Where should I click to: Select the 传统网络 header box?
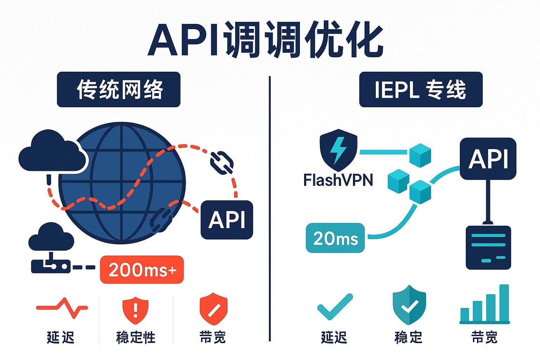[x=118, y=89]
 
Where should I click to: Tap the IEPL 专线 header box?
[x=420, y=89]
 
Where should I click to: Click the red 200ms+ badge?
[x=142, y=270]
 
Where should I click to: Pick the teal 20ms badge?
[x=335, y=238]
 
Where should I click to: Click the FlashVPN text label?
[x=337, y=180]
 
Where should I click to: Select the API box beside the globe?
[x=227, y=220]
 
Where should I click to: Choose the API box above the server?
[x=488, y=159]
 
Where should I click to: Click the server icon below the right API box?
[x=488, y=247]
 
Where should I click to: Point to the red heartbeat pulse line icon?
[x=62, y=308]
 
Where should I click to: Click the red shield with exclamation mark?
[x=135, y=309]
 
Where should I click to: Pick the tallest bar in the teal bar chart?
[x=504, y=302]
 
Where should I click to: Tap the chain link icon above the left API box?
[x=221, y=163]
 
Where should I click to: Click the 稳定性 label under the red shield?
[x=135, y=337]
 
